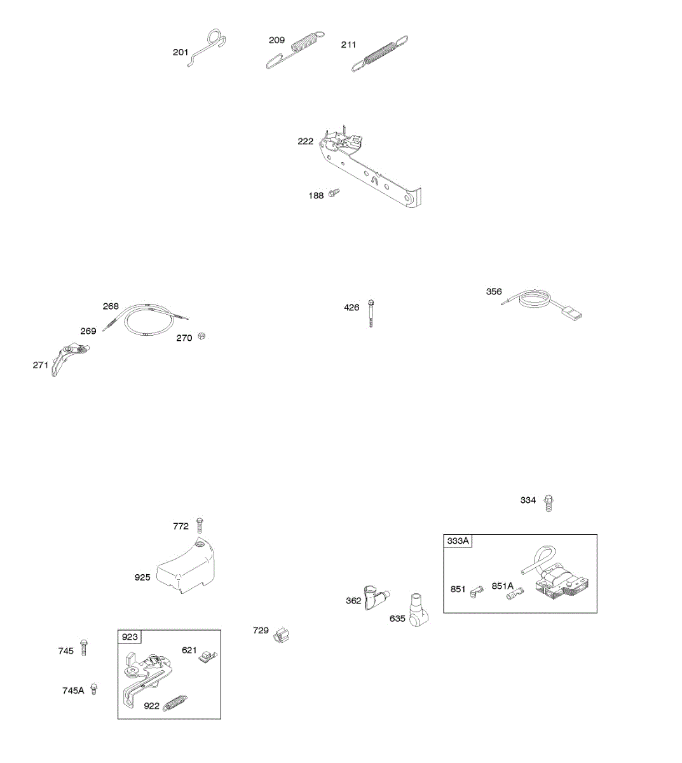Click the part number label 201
tap(181, 52)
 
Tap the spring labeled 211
tap(380, 53)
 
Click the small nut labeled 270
tap(201, 336)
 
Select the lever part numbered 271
tap(65, 359)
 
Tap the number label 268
tap(111, 306)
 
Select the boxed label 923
tap(130, 636)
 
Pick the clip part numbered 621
tap(207, 655)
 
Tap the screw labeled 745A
tap(94, 689)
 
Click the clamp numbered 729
tap(280, 635)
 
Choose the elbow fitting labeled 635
tap(418, 610)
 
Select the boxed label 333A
tap(458, 541)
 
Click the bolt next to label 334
tap(550, 503)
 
